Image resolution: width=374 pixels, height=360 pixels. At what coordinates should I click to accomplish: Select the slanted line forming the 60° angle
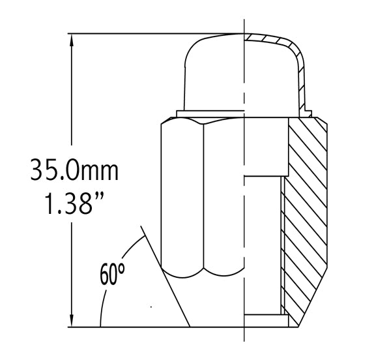pos(166,277)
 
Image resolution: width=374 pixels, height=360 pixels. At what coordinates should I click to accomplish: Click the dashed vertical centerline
pos(244,196)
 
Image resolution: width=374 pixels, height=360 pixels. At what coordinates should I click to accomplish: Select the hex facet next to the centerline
pos(223,196)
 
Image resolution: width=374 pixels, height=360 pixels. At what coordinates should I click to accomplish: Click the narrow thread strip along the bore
pos(283,248)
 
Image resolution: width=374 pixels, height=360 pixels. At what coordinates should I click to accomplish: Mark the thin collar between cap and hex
pos(209,115)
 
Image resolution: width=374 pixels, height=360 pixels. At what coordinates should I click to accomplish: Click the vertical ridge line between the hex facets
pos(203,196)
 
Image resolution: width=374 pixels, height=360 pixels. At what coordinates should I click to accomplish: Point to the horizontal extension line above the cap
pos(156,34)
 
